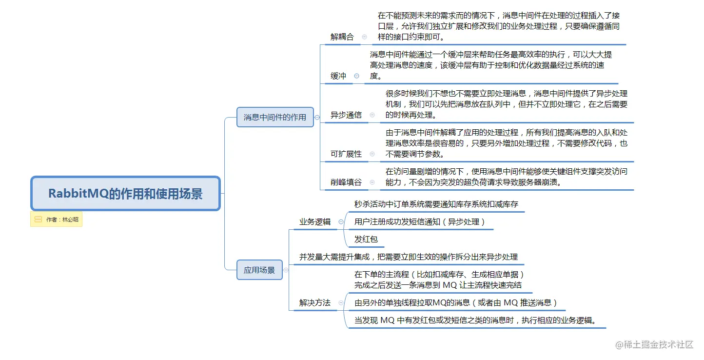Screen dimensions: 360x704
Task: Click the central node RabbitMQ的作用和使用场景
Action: coord(125,194)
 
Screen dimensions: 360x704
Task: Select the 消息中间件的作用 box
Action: coord(275,117)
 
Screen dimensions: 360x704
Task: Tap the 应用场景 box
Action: coord(259,270)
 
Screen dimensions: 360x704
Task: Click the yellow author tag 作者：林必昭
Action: coord(57,220)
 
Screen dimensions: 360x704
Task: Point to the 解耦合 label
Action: coord(342,37)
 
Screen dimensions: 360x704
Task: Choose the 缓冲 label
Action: coord(338,76)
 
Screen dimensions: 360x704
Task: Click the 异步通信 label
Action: coord(346,115)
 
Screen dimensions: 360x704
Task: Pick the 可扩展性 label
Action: coord(346,154)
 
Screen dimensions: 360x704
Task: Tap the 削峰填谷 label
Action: coord(346,182)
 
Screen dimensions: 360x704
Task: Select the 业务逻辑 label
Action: coord(315,221)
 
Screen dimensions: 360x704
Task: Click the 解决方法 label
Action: coord(315,302)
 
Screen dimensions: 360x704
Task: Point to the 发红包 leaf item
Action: coord(366,239)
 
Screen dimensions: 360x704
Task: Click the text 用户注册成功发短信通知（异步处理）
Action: coord(420,221)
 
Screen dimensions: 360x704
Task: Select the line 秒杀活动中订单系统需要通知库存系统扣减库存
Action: coord(436,204)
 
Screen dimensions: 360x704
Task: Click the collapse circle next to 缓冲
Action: coord(356,76)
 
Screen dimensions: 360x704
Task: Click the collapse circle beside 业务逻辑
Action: coord(341,221)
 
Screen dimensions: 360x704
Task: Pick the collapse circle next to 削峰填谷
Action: coord(372,182)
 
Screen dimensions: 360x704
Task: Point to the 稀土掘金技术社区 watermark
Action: coord(654,344)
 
